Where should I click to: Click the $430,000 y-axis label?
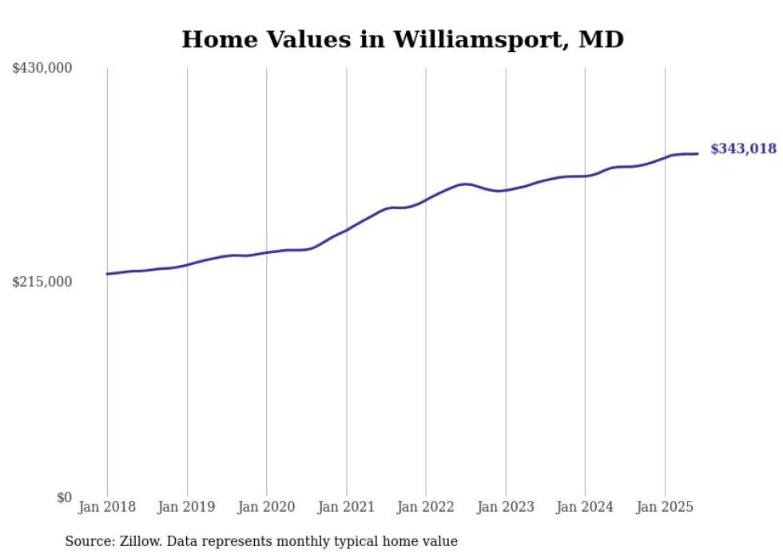[x=42, y=69]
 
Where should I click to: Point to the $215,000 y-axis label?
[x=42, y=282]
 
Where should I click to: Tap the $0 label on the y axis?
[x=64, y=497]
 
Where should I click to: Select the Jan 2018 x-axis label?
[x=107, y=507]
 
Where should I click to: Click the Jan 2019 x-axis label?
[x=187, y=507]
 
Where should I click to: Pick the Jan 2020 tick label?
[x=266, y=507]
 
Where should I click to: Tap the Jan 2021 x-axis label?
[x=346, y=507]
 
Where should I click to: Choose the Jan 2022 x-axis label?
[x=426, y=507]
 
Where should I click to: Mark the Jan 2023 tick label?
[x=505, y=507]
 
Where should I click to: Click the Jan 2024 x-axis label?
[x=585, y=507]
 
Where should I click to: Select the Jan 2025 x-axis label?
[x=665, y=507]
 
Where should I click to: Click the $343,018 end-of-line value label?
[x=743, y=148]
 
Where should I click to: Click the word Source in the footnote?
[x=87, y=542]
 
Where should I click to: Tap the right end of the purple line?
[x=698, y=153]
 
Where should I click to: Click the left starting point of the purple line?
[x=107, y=274]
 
